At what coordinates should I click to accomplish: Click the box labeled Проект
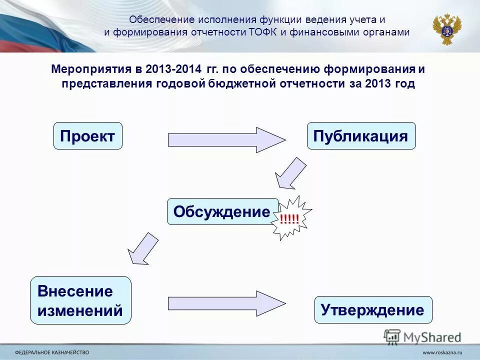coord(87,136)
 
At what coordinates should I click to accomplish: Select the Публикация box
coord(361,136)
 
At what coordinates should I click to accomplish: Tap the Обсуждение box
coord(222,211)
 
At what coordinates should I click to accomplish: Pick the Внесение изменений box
coord(80,300)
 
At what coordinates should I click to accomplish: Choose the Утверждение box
coord(372,309)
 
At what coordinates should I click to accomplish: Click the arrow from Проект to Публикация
coord(226,139)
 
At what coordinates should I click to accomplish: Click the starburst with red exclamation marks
coord(291,217)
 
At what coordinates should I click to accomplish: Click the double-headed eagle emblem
coord(447,29)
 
